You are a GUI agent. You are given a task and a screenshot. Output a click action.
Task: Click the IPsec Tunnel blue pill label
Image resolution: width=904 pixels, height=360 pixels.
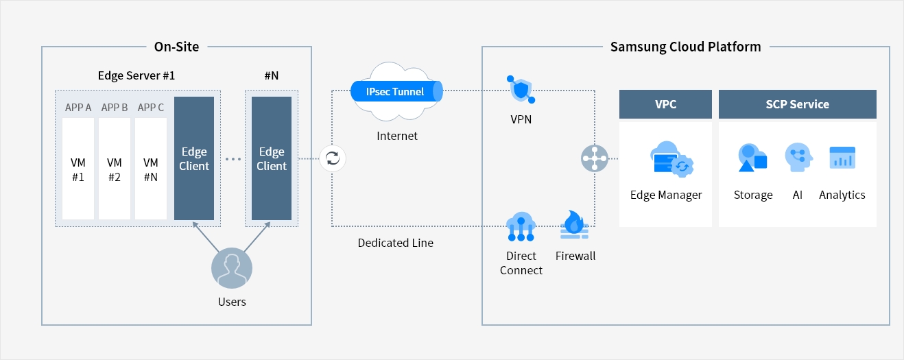point(396,91)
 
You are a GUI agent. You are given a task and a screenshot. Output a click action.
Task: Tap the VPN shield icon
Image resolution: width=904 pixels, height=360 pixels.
point(521,90)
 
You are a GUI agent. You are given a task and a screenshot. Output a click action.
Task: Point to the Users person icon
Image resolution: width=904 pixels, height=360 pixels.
point(231,269)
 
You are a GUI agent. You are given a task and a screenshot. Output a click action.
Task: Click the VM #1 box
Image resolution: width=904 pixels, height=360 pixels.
point(78,169)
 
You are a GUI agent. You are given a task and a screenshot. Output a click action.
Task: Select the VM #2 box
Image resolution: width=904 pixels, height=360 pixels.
point(115,169)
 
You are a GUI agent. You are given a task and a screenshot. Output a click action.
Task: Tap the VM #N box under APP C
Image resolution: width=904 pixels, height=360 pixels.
point(151,169)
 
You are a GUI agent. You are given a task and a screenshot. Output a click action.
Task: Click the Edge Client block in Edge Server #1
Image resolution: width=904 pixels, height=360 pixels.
point(194,158)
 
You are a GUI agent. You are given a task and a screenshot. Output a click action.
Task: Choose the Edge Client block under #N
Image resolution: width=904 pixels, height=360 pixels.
point(272,158)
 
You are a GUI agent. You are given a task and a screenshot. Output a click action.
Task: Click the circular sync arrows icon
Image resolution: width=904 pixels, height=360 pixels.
point(333,158)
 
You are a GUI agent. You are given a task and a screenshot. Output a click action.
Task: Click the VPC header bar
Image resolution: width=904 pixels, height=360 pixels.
point(665,104)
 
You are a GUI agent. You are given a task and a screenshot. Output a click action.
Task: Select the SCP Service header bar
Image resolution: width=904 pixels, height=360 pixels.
point(797,104)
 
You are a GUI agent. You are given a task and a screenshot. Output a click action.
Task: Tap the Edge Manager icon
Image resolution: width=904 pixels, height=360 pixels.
point(671,158)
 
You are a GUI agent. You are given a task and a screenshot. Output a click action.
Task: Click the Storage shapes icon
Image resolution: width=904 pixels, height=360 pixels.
point(752,158)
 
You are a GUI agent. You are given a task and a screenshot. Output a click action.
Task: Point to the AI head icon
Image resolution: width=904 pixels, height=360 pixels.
point(798,158)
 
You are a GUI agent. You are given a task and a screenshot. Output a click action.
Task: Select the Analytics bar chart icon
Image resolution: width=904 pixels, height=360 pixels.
point(842,158)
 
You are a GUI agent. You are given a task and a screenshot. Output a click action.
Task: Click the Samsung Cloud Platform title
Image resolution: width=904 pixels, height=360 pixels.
point(685,47)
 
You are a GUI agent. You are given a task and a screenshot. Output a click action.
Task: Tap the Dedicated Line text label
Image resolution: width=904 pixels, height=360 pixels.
point(395,243)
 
